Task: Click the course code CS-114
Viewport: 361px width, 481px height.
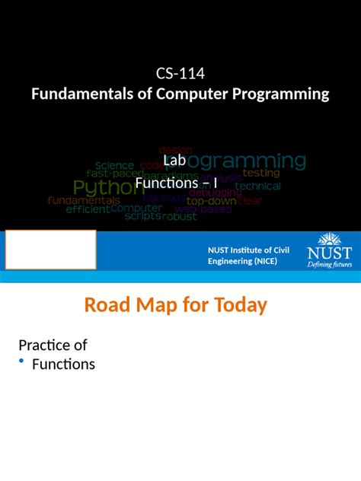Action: (180, 75)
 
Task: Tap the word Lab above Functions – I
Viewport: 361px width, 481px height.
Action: (174, 161)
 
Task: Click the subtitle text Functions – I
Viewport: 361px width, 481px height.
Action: (176, 183)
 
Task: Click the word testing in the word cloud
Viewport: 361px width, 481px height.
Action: (261, 173)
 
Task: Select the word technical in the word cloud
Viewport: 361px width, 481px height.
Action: (257, 186)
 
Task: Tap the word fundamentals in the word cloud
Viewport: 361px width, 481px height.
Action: (84, 200)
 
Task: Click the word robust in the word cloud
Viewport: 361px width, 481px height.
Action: (180, 216)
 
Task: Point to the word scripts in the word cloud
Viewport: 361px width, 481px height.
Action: (142, 215)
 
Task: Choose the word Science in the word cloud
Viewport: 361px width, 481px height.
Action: (115, 165)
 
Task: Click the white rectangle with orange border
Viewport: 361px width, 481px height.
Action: (50, 250)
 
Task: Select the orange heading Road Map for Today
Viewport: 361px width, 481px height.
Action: (176, 306)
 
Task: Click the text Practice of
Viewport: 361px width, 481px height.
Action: (53, 346)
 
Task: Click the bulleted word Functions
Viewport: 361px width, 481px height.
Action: (63, 365)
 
